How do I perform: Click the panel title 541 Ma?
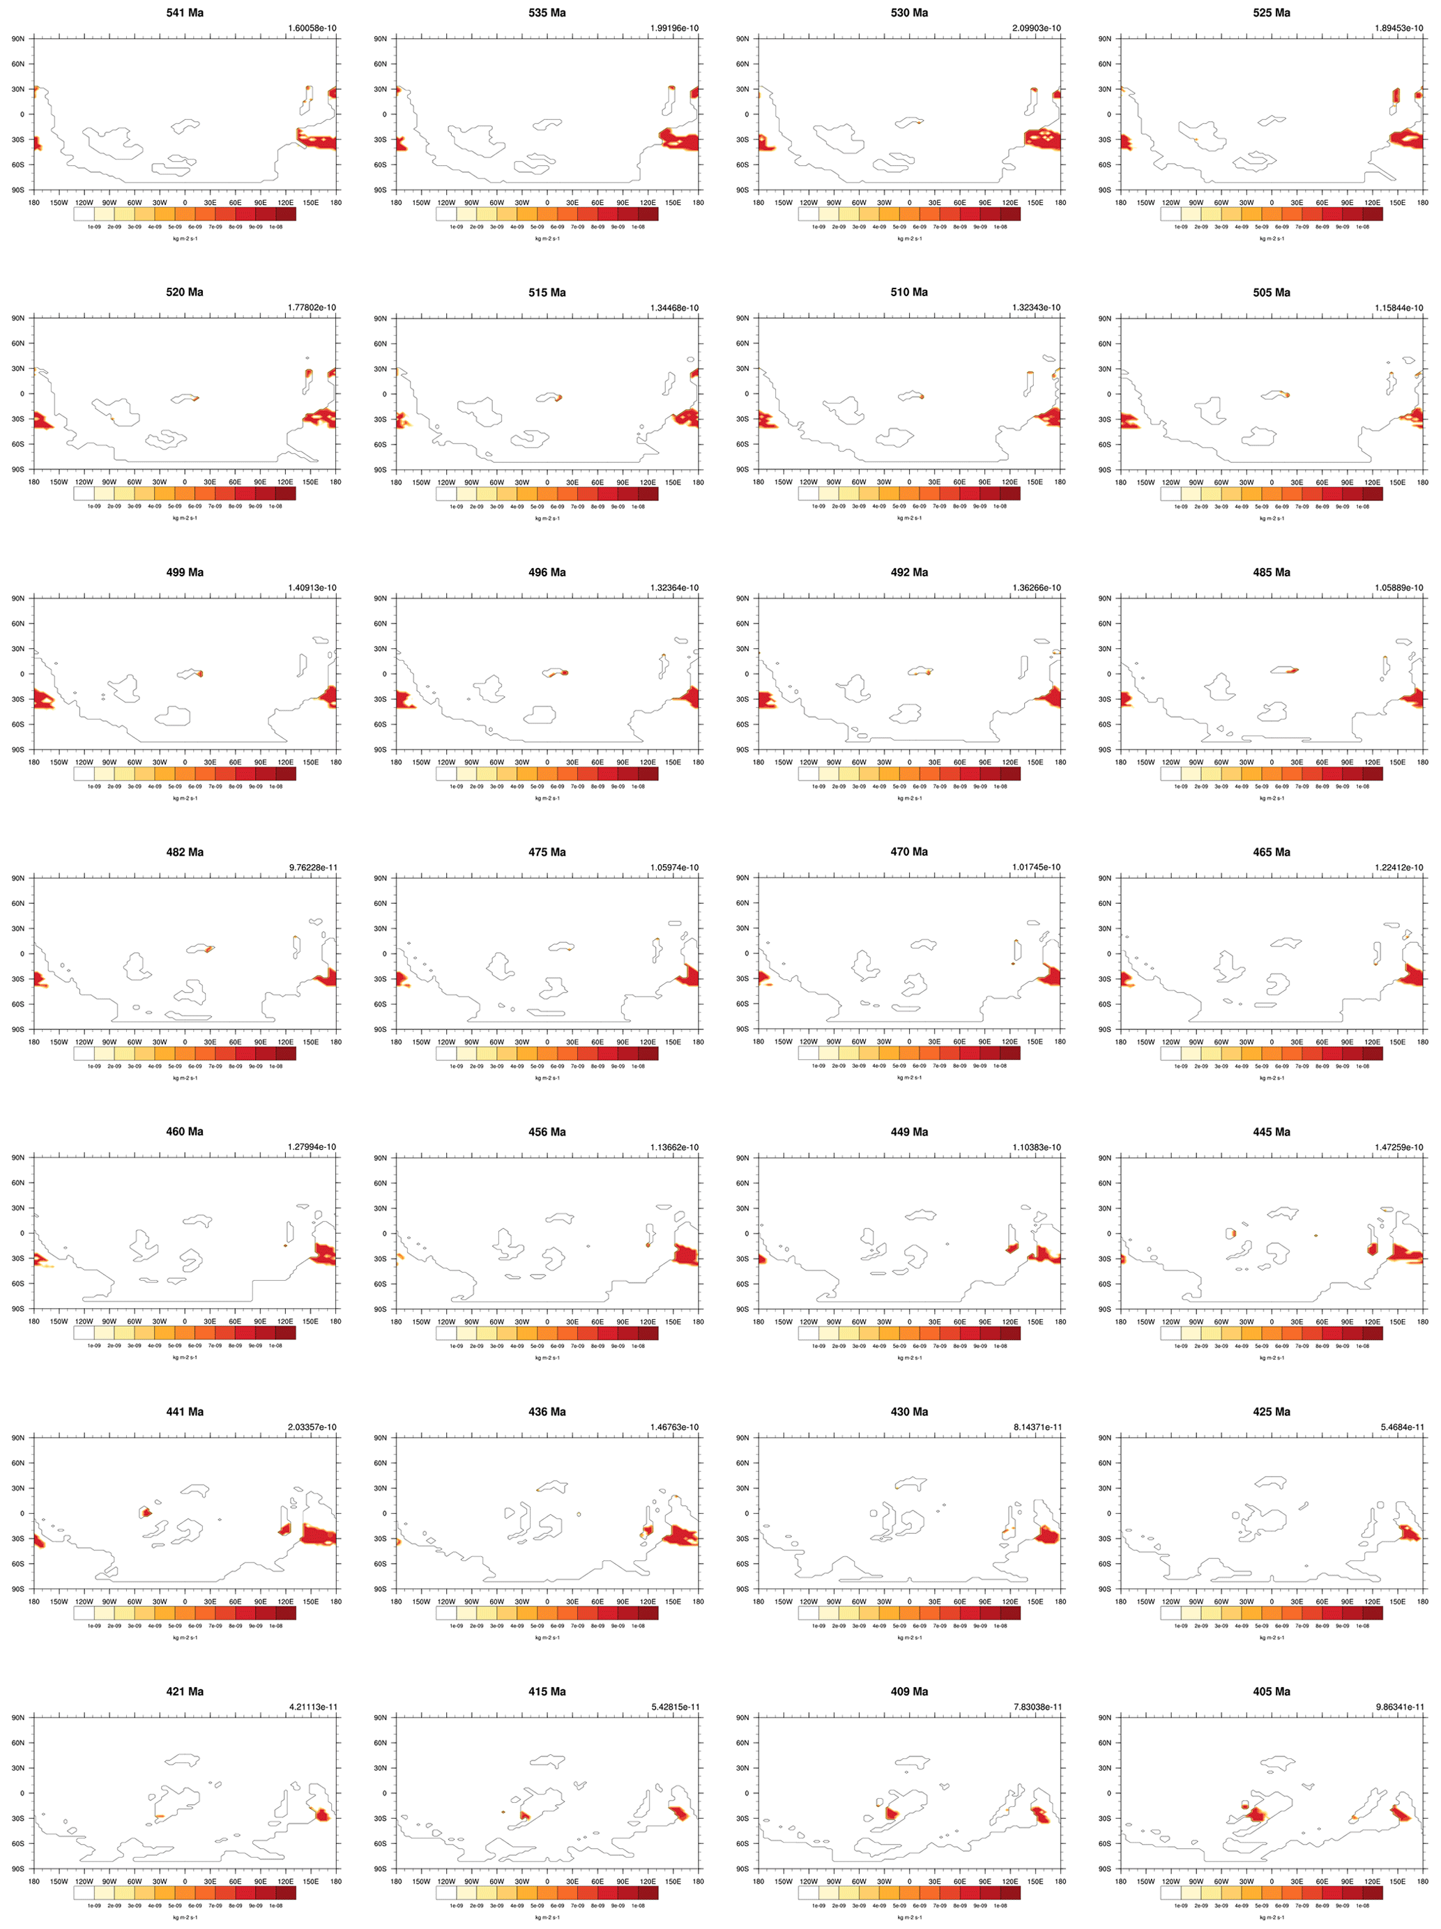[x=184, y=13]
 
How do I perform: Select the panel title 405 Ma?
[x=1271, y=1691]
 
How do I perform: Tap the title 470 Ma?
[x=909, y=851]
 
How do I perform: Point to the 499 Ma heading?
[x=184, y=572]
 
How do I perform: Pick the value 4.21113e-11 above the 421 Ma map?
[x=312, y=1707]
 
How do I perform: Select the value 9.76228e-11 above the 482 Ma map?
[x=312, y=867]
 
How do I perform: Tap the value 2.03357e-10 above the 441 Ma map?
[x=312, y=1427]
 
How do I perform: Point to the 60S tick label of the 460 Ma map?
[x=17, y=1284]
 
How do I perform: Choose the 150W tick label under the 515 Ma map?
[x=421, y=482]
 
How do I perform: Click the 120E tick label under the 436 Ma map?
[x=647, y=1601]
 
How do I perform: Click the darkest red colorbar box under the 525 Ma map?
[x=1372, y=214]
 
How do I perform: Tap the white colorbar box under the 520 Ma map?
[x=84, y=493]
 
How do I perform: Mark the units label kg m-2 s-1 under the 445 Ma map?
[x=1271, y=1358]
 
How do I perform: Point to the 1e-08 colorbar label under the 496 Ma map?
[x=638, y=785]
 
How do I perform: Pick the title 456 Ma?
[x=547, y=1131]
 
